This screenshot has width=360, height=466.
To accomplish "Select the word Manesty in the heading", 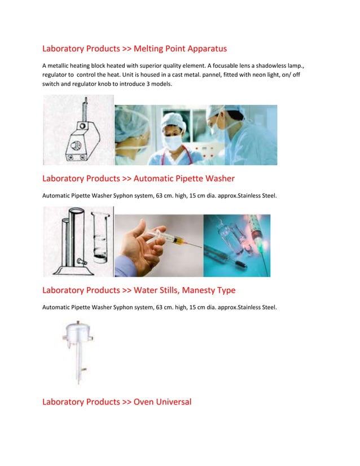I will point(191,290).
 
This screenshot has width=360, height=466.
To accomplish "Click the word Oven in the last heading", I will point(144,402).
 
